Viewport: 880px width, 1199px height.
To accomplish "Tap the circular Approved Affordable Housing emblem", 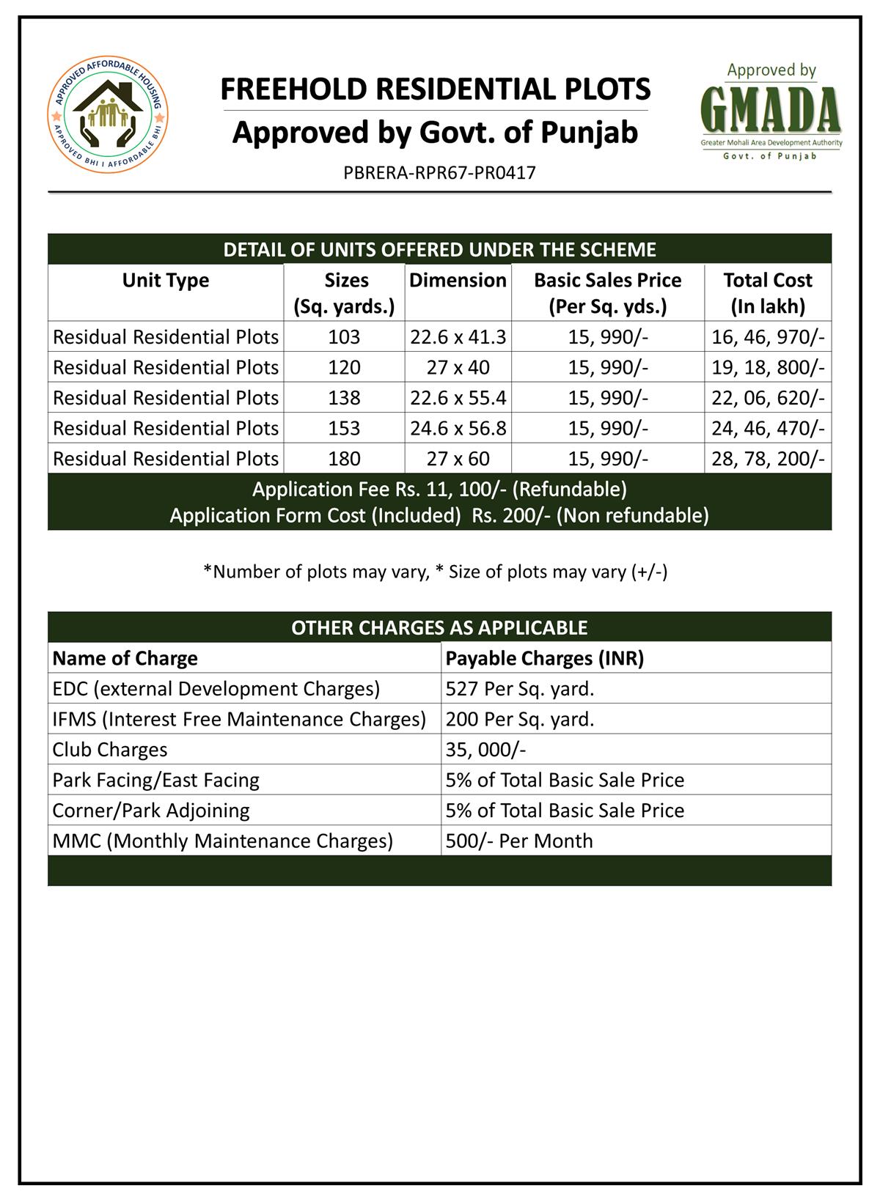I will coord(108,118).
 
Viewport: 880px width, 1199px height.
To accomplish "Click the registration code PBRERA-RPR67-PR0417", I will coord(439,173).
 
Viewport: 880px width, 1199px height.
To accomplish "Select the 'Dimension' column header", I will coord(458,281).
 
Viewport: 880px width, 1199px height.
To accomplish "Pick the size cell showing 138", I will coord(345,398).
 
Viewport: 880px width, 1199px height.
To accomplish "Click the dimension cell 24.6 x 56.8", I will coord(458,428).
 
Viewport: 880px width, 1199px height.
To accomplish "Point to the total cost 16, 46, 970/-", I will coord(768,337).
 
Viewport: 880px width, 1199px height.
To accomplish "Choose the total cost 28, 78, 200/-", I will coord(768,459).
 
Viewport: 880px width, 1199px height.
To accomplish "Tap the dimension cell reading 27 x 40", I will coord(458,367).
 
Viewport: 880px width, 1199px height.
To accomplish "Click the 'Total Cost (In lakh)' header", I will coord(768,293).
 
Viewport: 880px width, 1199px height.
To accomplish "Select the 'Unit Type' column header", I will coord(166,281).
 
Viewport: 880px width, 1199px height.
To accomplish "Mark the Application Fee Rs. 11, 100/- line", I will coord(439,489).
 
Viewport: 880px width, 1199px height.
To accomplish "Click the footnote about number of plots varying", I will coord(436,572).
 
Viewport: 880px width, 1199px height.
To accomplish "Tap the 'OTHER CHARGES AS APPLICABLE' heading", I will coord(439,627).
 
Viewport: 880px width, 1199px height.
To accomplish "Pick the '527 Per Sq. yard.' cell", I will coord(520,689).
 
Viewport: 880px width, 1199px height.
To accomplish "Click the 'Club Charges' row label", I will coord(110,750).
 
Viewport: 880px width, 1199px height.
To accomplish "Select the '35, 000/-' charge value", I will coord(485,750).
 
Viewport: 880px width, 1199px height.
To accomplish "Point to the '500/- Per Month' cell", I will coord(519,841).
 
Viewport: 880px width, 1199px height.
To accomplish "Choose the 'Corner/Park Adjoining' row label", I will coord(151,811).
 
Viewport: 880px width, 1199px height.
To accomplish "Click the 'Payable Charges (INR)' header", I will coord(545,658).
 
